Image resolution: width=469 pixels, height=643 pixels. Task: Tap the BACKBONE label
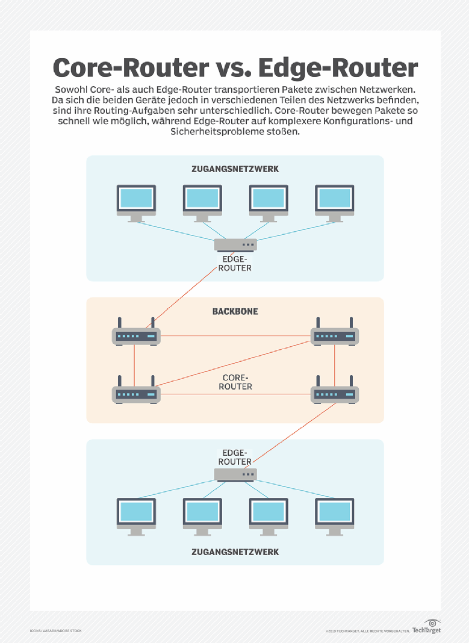[x=235, y=312]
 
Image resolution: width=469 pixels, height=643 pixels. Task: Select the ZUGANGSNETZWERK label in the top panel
[x=235, y=169]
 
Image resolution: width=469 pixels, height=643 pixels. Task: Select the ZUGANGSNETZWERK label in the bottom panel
[x=235, y=551]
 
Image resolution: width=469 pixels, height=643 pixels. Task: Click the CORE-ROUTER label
[x=235, y=382]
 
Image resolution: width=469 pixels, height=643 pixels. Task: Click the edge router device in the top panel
[x=235, y=244]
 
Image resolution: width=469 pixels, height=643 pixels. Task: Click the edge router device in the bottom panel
[x=235, y=474]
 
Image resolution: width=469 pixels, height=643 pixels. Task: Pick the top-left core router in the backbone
[x=135, y=335]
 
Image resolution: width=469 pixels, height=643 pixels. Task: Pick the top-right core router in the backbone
[x=335, y=335]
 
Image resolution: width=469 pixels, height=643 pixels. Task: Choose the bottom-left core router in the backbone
[x=135, y=394]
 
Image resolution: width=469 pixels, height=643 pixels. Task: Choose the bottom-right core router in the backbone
[x=335, y=394]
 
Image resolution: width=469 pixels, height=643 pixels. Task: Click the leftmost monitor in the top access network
[x=136, y=201]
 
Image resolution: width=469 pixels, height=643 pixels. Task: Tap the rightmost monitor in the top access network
[x=335, y=201]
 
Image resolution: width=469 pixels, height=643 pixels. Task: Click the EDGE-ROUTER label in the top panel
[x=235, y=264]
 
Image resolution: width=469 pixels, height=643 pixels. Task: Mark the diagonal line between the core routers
[x=235, y=364]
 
